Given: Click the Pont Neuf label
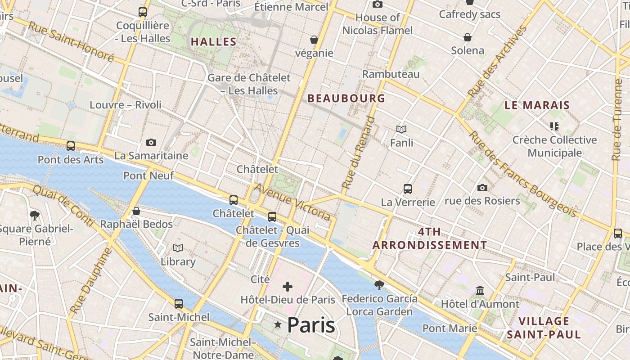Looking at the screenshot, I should click(148, 175).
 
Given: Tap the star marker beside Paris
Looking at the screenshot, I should click(278, 325).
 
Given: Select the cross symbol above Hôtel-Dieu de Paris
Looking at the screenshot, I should click(288, 286).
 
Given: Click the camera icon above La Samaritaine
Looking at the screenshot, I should click(151, 142).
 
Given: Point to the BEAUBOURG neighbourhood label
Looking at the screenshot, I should click(346, 98).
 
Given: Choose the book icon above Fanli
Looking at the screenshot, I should click(401, 130).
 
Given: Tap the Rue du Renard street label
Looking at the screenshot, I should click(358, 153).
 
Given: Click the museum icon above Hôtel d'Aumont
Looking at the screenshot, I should click(480, 291).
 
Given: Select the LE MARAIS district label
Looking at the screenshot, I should click(537, 105).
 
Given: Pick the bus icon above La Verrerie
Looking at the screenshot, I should click(408, 189).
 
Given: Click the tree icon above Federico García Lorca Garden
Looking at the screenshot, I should click(379, 285).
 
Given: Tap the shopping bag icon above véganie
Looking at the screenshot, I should click(314, 40).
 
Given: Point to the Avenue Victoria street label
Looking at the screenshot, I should click(292, 202).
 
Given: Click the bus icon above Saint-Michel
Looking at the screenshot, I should click(179, 304).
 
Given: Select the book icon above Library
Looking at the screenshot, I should click(178, 248).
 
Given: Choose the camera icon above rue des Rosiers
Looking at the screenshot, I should click(482, 188).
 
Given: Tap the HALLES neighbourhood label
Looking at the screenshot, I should click(213, 42).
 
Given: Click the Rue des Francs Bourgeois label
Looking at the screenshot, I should click(522, 174).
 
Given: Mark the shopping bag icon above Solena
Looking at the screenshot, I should click(468, 37).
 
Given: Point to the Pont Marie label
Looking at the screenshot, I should click(450, 328).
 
